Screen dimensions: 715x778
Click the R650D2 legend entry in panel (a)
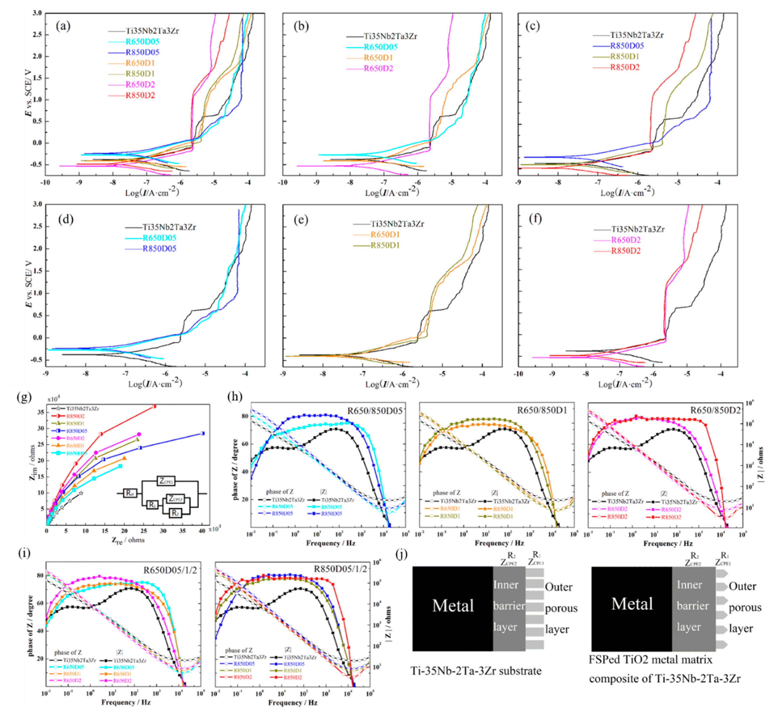(x=140, y=84)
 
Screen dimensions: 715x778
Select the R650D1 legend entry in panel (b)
(x=378, y=58)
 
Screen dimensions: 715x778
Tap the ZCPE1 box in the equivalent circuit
(x=166, y=481)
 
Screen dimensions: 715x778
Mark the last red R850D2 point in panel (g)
(x=154, y=406)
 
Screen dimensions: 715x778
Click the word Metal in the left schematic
(x=453, y=606)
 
